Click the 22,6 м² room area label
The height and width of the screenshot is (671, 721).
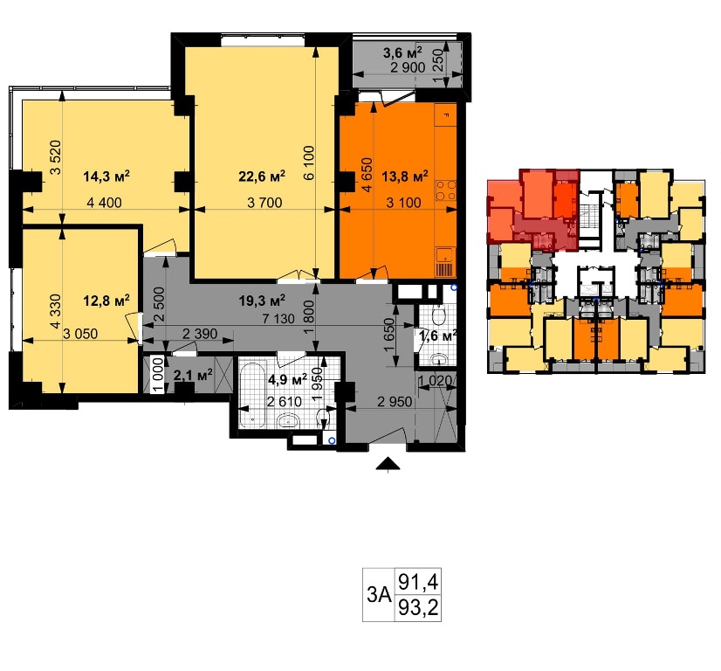click(x=262, y=176)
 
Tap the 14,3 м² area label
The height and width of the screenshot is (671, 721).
click(x=106, y=176)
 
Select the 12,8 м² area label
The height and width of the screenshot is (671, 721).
click(x=106, y=301)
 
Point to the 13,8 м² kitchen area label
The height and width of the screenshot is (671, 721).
click(x=405, y=176)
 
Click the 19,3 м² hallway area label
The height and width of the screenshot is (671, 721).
click(x=262, y=301)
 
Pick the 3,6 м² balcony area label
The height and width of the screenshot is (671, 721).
click(x=402, y=52)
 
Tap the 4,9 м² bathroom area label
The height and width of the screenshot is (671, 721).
click(x=288, y=380)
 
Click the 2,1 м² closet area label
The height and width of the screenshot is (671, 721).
click(x=193, y=375)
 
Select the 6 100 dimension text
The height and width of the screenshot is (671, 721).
click(x=309, y=163)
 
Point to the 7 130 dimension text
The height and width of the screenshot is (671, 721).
click(x=278, y=319)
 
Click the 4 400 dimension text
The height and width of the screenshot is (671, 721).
click(x=105, y=203)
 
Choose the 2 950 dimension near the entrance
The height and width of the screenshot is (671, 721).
click(x=395, y=402)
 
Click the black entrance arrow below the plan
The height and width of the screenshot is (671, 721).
click(x=388, y=464)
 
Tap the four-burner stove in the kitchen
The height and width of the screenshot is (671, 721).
click(x=445, y=190)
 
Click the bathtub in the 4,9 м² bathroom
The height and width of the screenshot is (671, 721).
click(x=252, y=395)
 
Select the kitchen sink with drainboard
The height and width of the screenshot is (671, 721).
click(x=445, y=262)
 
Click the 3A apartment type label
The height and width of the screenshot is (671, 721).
click(x=379, y=595)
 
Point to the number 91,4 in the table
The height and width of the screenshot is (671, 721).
click(x=418, y=581)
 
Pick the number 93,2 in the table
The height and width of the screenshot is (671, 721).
click(x=418, y=608)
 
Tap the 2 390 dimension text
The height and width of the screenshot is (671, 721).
click(x=200, y=334)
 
